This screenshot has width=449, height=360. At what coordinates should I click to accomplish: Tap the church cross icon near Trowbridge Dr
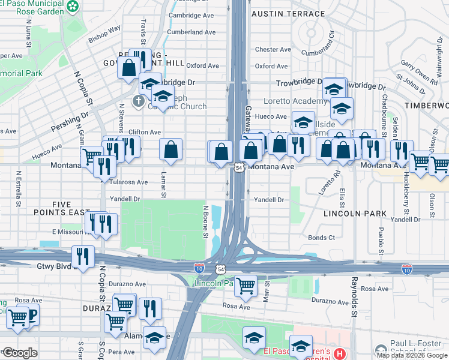[x=139, y=100]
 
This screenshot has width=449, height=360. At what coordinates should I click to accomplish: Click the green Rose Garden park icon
[x=73, y=6]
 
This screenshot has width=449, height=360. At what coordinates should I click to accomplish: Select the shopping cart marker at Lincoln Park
[x=246, y=286]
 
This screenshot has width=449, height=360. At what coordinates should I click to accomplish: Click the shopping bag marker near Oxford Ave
[x=129, y=68]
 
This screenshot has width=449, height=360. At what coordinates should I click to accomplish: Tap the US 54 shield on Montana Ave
[x=238, y=169]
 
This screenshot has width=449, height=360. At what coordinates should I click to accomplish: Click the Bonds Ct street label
[x=321, y=238]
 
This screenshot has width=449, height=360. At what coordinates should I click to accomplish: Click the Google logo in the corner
[x=20, y=353]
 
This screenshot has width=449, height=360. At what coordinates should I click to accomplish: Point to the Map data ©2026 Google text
[x=411, y=355]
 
